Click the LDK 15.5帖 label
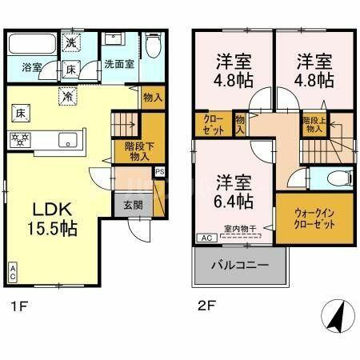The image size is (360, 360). pyautogui.click(x=54, y=218)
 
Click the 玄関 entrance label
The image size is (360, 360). pyautogui.click(x=134, y=205)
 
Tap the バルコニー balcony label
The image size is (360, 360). pyautogui.click(x=240, y=265)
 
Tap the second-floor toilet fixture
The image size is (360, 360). pyautogui.click(x=335, y=179)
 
